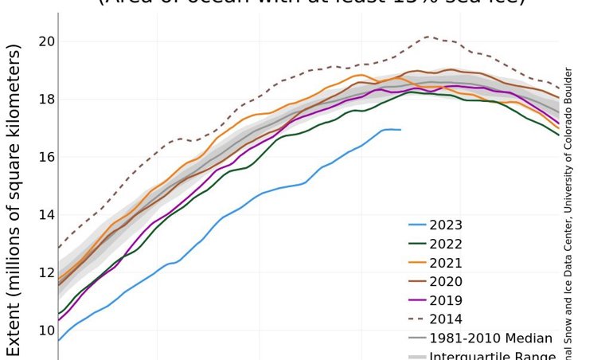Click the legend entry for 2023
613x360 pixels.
(x=446, y=225)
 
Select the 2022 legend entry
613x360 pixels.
(x=446, y=245)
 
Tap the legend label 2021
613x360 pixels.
(x=446, y=263)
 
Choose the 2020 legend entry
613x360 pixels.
(x=446, y=282)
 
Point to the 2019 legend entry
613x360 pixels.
(x=446, y=301)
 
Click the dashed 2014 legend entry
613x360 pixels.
(x=446, y=320)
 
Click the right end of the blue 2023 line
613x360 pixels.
(x=400, y=130)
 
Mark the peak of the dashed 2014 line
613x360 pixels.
(x=428, y=37)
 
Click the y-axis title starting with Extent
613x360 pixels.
(x=15, y=199)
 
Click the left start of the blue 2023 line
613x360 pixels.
(x=59, y=340)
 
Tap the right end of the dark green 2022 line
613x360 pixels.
(x=558, y=135)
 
